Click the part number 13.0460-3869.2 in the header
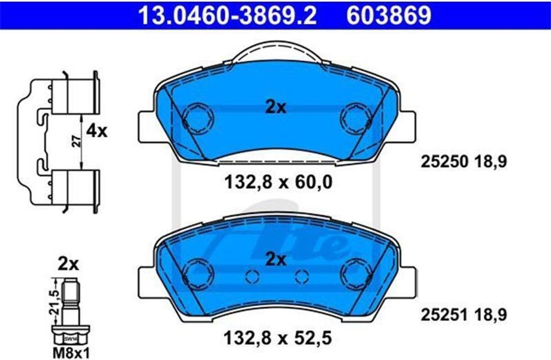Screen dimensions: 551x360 [228, 15]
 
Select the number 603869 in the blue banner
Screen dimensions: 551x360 [388, 15]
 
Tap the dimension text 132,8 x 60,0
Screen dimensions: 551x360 [278, 182]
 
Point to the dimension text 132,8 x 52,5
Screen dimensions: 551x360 [278, 338]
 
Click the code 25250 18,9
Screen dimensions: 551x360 [464, 162]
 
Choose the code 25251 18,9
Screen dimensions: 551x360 [464, 315]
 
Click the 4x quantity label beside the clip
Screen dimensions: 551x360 [97, 131]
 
